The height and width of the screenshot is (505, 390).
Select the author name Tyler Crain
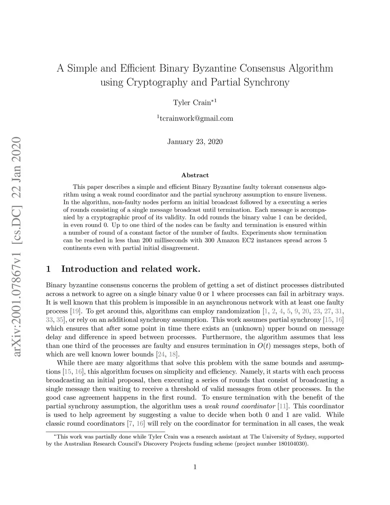coord(192,103)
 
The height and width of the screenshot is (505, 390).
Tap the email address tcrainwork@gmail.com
coord(196,119)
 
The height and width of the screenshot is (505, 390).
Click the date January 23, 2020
coord(195,142)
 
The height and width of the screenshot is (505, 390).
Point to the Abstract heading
coord(195,175)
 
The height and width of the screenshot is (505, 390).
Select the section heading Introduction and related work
coord(130,269)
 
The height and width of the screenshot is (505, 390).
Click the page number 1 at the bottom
coord(195,467)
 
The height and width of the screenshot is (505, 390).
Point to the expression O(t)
coord(263,346)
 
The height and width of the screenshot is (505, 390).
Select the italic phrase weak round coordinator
coord(240,406)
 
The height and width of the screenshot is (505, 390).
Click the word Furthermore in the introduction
coord(221,337)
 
